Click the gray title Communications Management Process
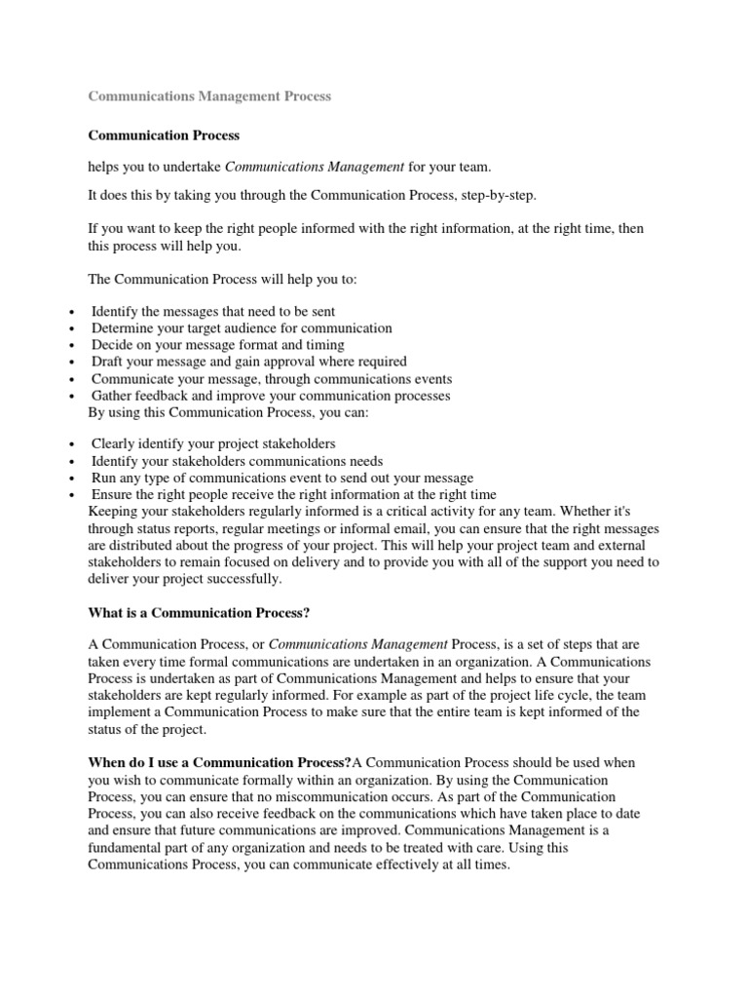pos(209,96)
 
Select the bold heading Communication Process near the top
pos(164,135)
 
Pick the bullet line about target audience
pos(242,328)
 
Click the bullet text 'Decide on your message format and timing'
pos(217,345)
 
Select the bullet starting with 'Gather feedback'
pos(271,396)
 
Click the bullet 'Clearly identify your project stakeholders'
pos(213,443)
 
